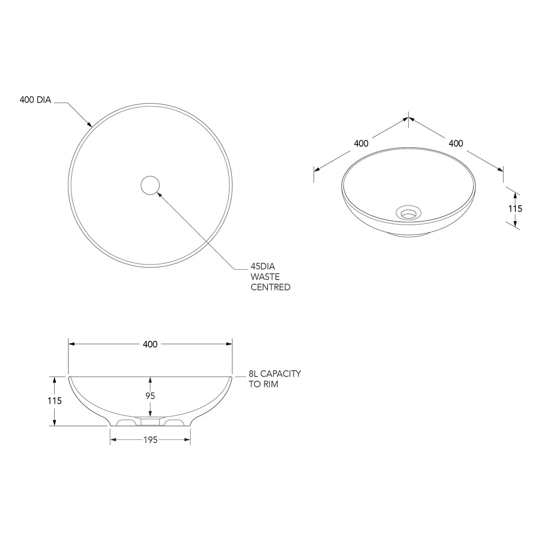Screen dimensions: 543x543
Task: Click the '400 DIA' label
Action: pyautogui.click(x=35, y=100)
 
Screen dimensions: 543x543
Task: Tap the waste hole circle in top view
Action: pyautogui.click(x=150, y=186)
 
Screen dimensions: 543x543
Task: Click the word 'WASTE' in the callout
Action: pyautogui.click(x=265, y=277)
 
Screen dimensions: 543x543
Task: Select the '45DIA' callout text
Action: pyautogui.click(x=263, y=266)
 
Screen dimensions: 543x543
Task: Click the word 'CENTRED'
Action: pyautogui.click(x=270, y=288)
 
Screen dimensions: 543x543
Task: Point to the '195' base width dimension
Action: pyautogui.click(x=150, y=440)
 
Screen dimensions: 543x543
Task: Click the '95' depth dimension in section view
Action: pyautogui.click(x=150, y=396)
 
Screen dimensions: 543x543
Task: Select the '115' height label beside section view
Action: pyautogui.click(x=54, y=401)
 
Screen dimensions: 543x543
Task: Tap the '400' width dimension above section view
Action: pyautogui.click(x=150, y=344)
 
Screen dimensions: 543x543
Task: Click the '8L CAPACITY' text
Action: pyautogui.click(x=275, y=374)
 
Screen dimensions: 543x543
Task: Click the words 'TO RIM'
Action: pyautogui.click(x=263, y=385)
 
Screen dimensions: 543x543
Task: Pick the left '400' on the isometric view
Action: pyautogui.click(x=361, y=143)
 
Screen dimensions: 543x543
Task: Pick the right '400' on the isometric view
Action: pyautogui.click(x=456, y=143)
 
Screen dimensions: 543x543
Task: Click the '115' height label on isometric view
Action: pyautogui.click(x=515, y=209)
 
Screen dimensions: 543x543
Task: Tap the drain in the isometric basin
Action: pyautogui.click(x=408, y=213)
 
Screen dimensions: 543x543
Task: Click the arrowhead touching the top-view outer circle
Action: pyautogui.click(x=89, y=124)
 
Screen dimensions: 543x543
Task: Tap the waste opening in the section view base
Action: pyautogui.click(x=150, y=421)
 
